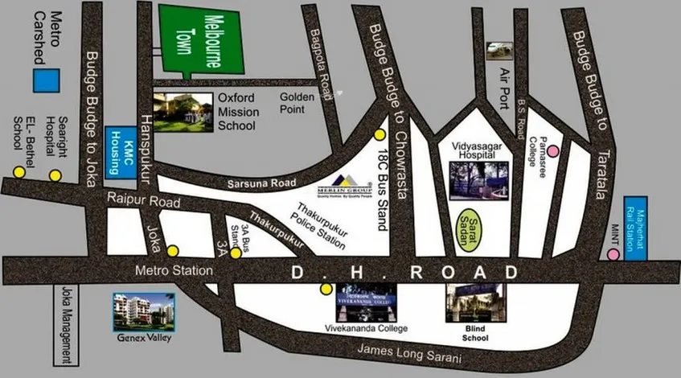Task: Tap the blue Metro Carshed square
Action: [x=46, y=80]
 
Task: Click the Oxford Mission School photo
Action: [x=183, y=111]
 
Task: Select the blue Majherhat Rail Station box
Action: [x=641, y=228]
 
